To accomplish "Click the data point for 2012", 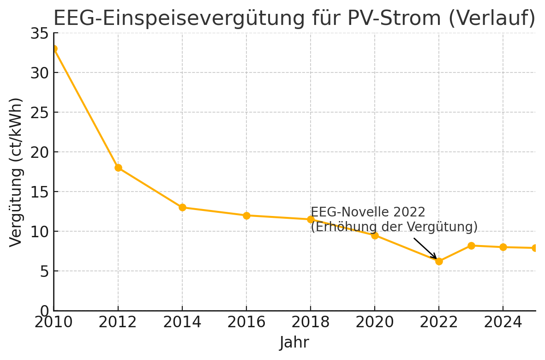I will coord(118,168).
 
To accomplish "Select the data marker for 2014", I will coord(182,207).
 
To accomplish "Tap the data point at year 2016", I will coord(246,216).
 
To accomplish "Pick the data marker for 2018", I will coord(311,219).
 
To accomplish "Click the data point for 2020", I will coord(375,235).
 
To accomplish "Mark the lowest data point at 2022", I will coord(439,261).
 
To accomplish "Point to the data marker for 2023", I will coord(471,246).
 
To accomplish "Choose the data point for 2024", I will coord(503,247).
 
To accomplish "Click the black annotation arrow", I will coord(425,248).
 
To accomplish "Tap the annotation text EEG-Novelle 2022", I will coord(368,212).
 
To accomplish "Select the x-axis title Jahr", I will coord(294,343).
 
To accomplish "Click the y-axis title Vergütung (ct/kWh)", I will coord(16,172).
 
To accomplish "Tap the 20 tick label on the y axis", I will coord(39,152).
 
